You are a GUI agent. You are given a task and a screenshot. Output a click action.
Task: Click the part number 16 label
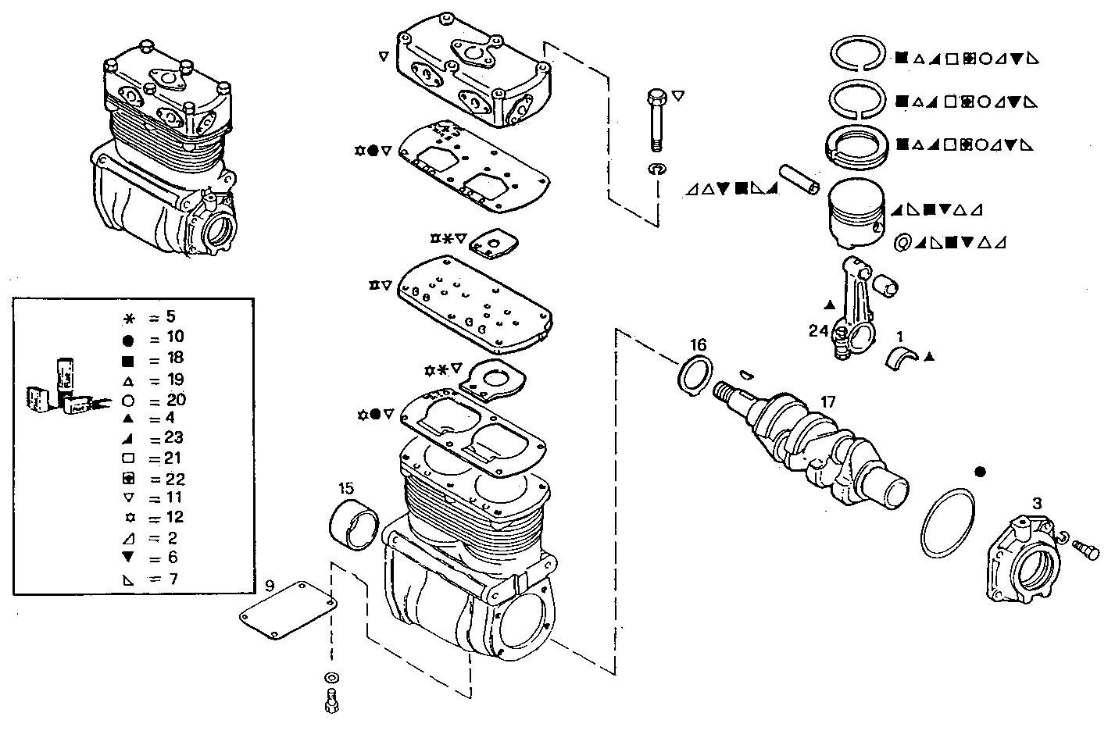pos(698,344)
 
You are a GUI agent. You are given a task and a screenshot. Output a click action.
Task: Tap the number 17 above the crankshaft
pos(827,402)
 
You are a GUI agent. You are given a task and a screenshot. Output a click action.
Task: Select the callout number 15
pos(346,489)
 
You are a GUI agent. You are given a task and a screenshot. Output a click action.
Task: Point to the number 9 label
pos(269,585)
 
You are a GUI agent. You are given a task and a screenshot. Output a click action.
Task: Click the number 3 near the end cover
pos(1036,504)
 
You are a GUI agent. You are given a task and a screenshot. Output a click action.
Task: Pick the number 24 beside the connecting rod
pos(818,331)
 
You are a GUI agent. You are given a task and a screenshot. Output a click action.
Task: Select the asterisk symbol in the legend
pos(129,318)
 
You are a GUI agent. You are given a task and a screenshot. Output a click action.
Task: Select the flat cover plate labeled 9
pos(287,610)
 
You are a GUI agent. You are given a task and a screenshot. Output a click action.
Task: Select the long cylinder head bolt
pos(656,121)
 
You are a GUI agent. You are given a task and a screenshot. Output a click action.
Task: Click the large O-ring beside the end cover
pos(949,523)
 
